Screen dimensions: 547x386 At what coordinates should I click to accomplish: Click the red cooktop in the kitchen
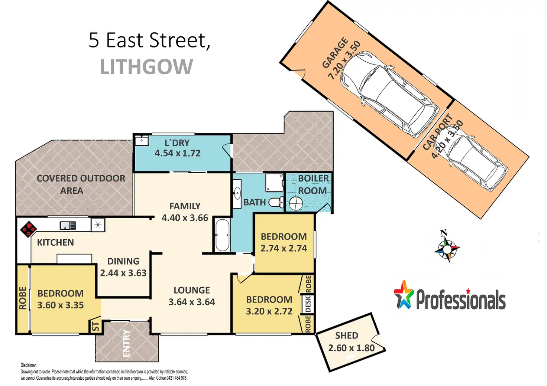tap(28, 229)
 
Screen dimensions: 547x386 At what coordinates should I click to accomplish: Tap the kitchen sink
tap(68, 225)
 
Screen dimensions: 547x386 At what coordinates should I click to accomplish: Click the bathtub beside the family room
tap(222, 235)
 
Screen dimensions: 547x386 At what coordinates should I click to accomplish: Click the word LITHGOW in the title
tap(146, 66)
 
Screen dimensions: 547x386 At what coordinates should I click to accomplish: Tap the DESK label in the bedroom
tap(308, 304)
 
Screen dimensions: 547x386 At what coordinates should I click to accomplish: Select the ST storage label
tap(96, 326)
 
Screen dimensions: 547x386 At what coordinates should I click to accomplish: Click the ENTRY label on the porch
tap(126, 343)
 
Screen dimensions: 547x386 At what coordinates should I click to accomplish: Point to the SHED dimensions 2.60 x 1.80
tap(351, 348)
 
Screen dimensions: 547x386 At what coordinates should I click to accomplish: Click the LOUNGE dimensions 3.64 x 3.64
tap(192, 302)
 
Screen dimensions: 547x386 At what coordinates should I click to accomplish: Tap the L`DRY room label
tap(177, 143)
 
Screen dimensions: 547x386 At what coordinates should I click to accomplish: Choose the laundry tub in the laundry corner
tap(142, 140)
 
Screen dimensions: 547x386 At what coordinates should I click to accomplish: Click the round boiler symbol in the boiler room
tap(296, 203)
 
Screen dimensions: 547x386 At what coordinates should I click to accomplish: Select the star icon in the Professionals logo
tap(404, 294)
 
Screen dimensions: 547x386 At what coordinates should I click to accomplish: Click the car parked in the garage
tap(388, 94)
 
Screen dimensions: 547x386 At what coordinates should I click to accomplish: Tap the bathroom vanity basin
tap(237, 194)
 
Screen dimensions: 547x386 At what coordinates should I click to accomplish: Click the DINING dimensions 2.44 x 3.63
tap(123, 273)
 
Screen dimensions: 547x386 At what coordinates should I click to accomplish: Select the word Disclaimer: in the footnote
tap(29, 365)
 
